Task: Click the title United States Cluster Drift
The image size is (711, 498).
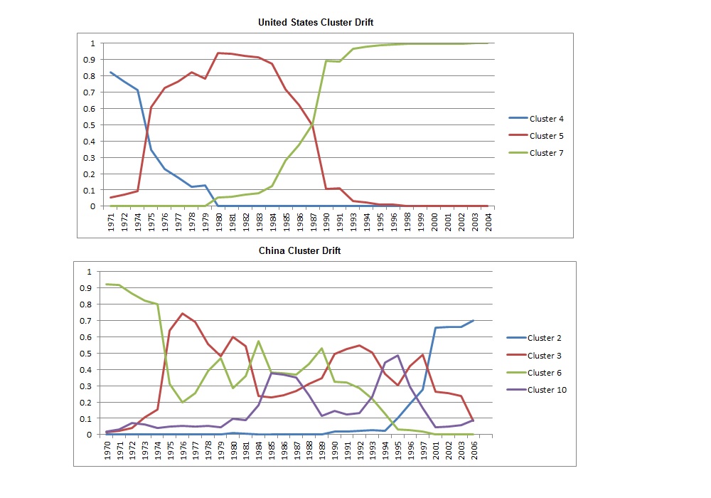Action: (x=316, y=22)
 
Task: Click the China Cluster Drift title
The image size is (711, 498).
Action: (x=300, y=251)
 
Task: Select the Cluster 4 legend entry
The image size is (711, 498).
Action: (x=536, y=119)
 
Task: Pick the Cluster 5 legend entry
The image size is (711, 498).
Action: (x=536, y=136)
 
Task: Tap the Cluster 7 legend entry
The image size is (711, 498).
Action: (x=536, y=153)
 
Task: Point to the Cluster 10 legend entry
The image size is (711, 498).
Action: (x=537, y=390)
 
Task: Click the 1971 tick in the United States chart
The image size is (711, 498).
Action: (x=111, y=222)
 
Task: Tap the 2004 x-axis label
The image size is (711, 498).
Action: (x=488, y=222)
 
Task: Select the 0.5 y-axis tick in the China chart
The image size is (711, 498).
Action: (x=86, y=354)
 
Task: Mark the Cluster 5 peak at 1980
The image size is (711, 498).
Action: (x=218, y=53)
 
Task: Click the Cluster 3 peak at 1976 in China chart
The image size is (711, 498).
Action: (x=182, y=314)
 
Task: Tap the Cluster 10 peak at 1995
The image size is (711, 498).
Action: (x=397, y=355)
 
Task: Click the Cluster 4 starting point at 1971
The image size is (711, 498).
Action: (x=111, y=73)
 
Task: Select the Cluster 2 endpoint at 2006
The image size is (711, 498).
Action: (x=474, y=321)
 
